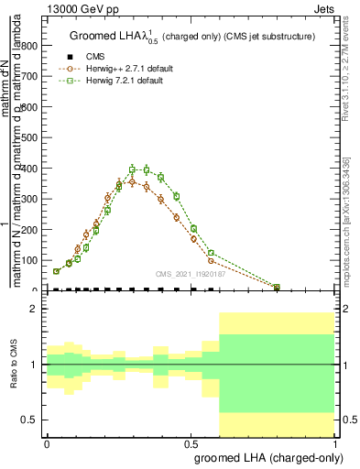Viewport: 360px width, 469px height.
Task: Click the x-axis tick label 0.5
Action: pyautogui.click(x=191, y=442)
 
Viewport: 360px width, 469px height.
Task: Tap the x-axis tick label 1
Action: pyautogui.click(x=335, y=442)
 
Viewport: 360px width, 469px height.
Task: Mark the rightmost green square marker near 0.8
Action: pyautogui.click(x=278, y=287)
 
